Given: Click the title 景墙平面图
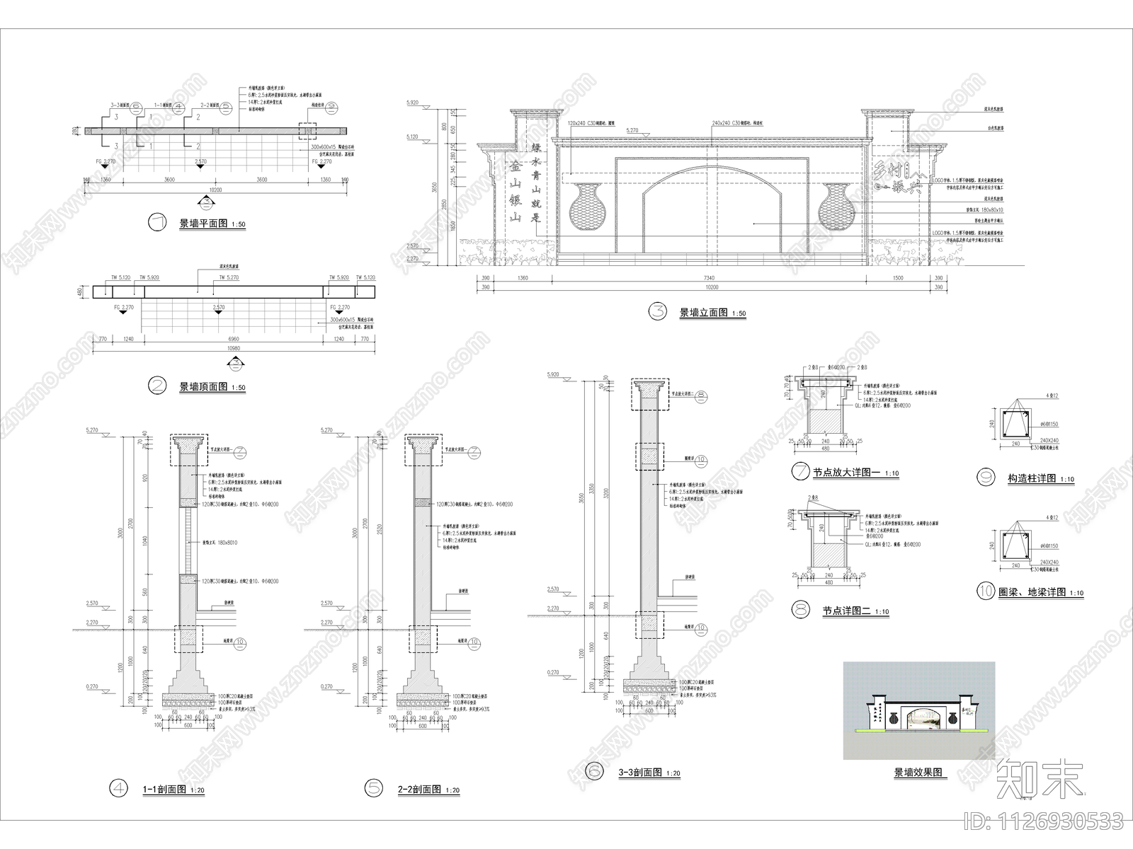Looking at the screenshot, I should point(203,224).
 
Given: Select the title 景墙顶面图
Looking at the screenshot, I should point(203,387).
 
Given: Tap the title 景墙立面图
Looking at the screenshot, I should point(703,312).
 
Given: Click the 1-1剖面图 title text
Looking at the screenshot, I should point(164,789).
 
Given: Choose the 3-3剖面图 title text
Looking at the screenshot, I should point(639,773).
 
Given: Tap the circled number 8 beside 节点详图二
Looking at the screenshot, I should point(802,609).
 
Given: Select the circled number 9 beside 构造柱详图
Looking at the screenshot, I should point(985,478).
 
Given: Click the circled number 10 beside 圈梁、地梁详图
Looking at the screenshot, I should point(986,591).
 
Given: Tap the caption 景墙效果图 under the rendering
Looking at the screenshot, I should point(919,773).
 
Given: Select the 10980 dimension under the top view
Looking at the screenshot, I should point(234,348).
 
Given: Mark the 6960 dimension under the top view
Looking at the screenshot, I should point(234,339).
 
